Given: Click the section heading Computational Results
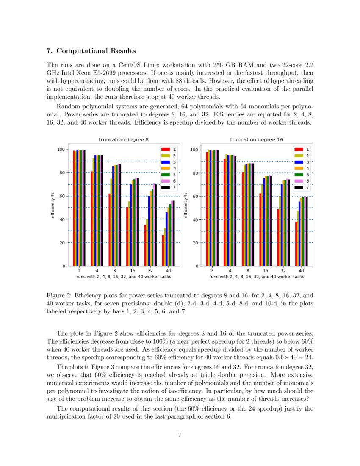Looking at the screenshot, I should pyautogui.click(x=96, y=51).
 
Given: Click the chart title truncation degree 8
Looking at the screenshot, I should pyautogui.click(x=124, y=139).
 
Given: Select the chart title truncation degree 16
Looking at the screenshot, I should pyautogui.click(x=257, y=139).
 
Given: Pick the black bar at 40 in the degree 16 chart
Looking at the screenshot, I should pyautogui.click(x=306, y=231).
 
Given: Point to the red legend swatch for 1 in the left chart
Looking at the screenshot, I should pyautogui.click(x=166, y=150).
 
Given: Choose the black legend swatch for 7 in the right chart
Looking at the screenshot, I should pyautogui.click(x=299, y=187).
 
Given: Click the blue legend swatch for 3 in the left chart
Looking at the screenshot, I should pyautogui.click(x=166, y=162).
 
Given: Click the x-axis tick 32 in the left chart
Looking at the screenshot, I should pyautogui.click(x=150, y=270).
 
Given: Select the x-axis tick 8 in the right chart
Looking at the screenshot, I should pyautogui.click(x=247, y=270).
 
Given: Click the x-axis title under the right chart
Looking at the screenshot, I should pyautogui.click(x=256, y=276).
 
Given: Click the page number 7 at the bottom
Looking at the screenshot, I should pyautogui.click(x=180, y=437).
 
